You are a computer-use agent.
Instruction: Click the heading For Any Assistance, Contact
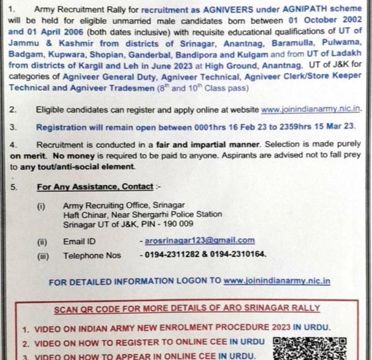tap(95, 187)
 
